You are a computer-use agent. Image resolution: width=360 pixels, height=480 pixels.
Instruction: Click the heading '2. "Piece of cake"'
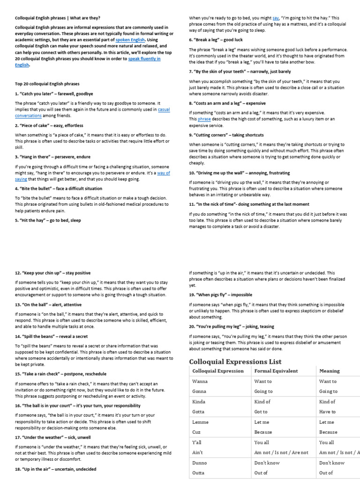pos(49,126)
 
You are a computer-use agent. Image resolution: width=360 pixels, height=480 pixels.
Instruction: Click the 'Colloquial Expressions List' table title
pos(235,361)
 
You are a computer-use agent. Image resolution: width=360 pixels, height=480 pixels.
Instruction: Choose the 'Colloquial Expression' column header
pos(218,371)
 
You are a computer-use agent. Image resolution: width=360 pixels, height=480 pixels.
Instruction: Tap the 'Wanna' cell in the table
pos(200,382)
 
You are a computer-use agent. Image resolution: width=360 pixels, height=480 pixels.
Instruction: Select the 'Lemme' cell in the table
pos(200,422)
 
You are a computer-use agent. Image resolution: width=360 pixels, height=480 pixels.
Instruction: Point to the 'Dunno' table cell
pos(200,463)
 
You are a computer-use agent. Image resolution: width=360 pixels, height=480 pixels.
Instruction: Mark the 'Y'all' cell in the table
pos(198,442)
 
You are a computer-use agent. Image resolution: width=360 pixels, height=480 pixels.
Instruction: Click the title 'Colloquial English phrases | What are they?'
pos(57,18)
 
